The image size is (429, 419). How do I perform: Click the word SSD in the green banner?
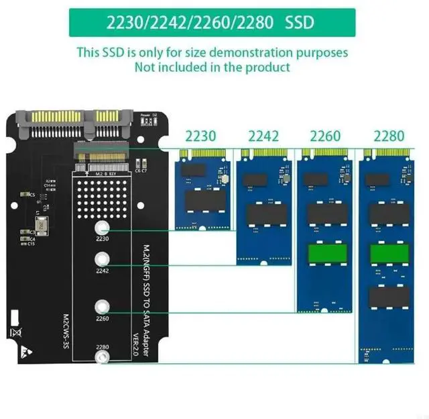coord(300,21)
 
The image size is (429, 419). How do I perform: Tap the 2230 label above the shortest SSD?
coord(200,136)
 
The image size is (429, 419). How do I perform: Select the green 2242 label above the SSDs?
coord(264,136)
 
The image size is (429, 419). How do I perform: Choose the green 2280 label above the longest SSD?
coord(388,136)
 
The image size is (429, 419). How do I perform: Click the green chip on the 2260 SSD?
coord(325,255)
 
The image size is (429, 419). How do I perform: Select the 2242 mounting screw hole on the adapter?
coord(103,259)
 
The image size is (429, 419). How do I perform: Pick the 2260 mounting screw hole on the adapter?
coord(103,306)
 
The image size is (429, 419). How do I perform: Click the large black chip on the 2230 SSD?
coord(201,203)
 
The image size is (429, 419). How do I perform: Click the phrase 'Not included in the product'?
coord(212,66)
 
